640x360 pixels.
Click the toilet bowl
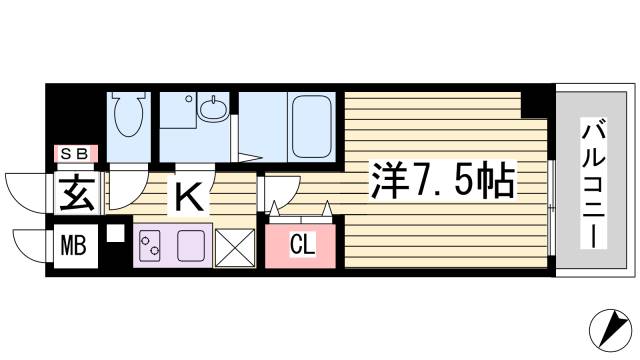click(x=127, y=116)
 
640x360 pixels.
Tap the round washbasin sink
click(x=212, y=108)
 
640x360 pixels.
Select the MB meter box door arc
click(x=27, y=243)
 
